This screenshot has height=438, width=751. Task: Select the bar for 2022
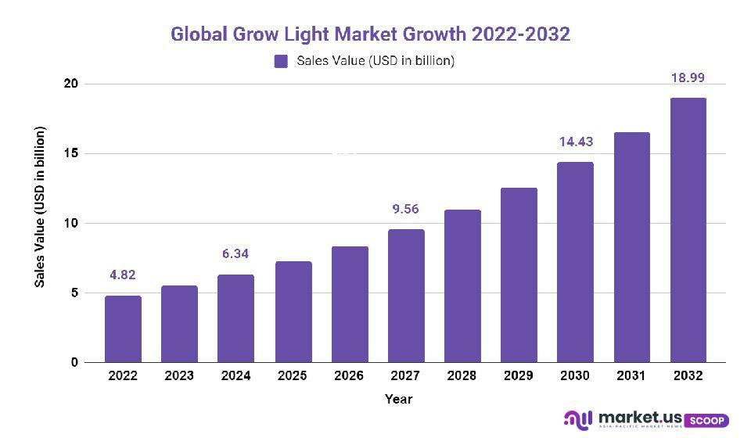(123, 329)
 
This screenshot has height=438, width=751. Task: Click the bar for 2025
(293, 312)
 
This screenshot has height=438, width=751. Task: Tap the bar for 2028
(462, 286)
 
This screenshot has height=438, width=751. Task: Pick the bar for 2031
(631, 247)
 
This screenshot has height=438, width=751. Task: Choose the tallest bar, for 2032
(688, 230)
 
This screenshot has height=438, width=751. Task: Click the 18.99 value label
(688, 78)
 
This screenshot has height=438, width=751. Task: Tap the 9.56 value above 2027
(405, 210)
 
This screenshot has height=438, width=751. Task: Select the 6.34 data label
(236, 254)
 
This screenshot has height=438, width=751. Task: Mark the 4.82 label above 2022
(123, 275)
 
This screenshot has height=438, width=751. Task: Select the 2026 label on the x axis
(349, 375)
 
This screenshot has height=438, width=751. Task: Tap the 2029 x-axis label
(518, 375)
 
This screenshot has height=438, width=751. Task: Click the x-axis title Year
(398, 400)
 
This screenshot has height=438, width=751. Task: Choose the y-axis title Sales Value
(40, 206)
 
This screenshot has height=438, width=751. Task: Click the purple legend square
(281, 61)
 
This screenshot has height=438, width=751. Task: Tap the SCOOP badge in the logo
(708, 421)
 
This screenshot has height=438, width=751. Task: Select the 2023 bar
(179, 324)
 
